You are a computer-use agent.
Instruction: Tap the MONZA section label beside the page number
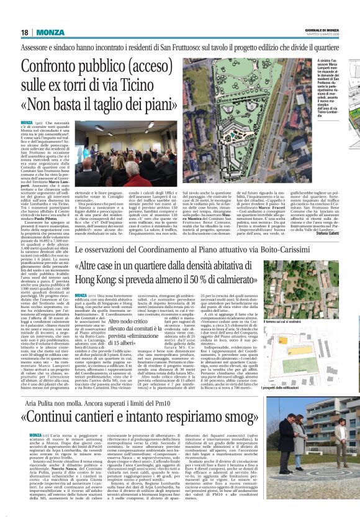point(49,32)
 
